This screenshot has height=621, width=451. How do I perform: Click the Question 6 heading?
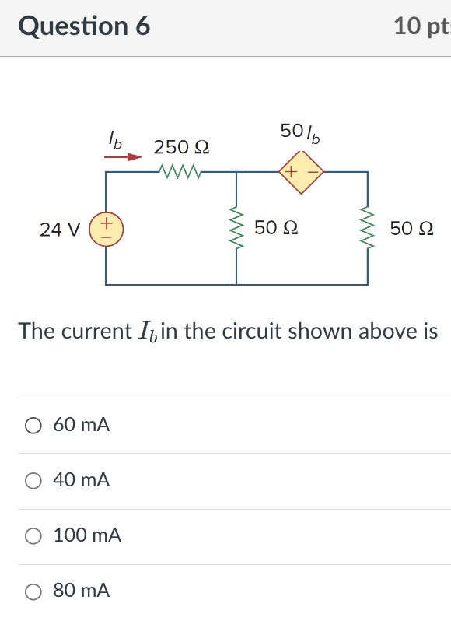pos(84,26)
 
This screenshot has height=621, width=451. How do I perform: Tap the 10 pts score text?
pos(422,26)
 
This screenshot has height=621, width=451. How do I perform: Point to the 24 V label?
pos(60,230)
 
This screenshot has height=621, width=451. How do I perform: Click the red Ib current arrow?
pos(124,156)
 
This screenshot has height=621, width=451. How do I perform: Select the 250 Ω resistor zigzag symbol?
pos(180,171)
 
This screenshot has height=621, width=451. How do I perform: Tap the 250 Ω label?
pos(182,147)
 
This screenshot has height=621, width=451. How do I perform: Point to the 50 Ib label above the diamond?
pos(300,133)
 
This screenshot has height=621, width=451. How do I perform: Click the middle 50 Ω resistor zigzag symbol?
pos(236,229)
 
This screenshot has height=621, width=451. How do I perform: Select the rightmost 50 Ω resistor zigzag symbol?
pos(367,229)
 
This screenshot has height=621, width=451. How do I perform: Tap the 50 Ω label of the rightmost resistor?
pos(412,229)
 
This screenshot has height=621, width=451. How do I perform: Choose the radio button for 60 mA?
pos(33,426)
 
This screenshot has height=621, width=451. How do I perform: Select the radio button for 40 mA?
pos(33,481)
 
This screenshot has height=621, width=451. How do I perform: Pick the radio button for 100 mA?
pos(33,536)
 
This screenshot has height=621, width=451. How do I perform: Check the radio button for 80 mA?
pos(33,591)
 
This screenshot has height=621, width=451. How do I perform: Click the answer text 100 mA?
pos(87,535)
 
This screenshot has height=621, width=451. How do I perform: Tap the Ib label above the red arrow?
pos(115,141)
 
